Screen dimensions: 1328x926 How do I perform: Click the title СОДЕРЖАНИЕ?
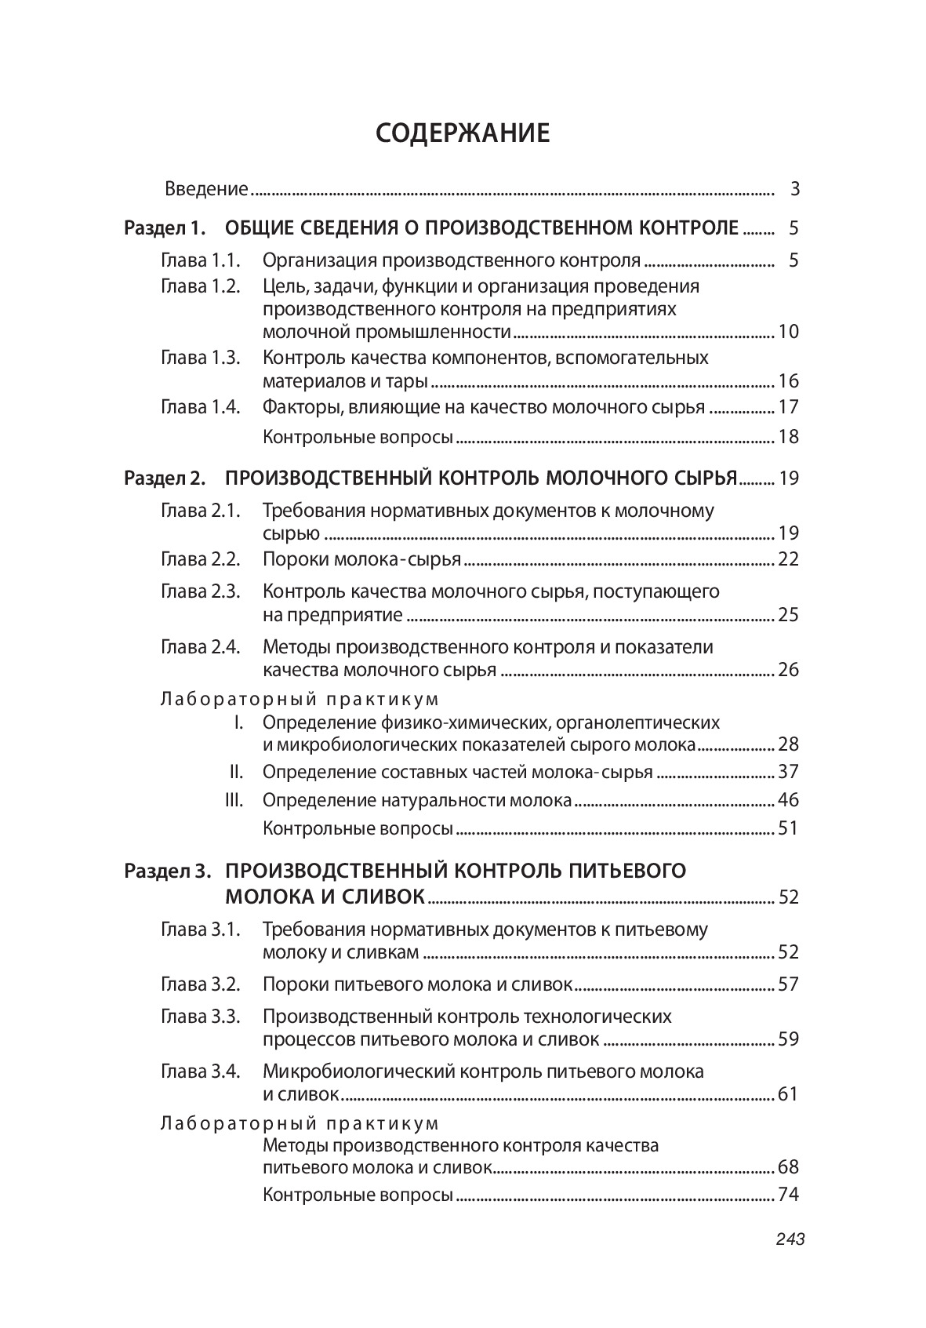[463, 133]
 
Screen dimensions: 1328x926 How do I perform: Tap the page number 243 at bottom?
[790, 1239]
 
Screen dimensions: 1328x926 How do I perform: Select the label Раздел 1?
[165, 228]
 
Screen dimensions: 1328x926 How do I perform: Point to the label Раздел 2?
[165, 478]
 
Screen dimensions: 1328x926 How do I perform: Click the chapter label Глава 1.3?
[200, 358]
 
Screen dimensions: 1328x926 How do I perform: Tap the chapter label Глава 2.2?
[200, 559]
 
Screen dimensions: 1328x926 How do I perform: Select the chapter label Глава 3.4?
[200, 1071]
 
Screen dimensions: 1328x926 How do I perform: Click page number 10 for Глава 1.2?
[788, 331]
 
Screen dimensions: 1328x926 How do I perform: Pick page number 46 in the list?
[788, 800]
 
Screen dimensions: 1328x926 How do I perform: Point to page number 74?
[788, 1195]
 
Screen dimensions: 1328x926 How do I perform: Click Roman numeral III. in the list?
[234, 800]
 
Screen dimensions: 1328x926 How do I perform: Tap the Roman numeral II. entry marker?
[236, 772]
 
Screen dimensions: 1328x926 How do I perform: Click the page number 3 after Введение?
[794, 189]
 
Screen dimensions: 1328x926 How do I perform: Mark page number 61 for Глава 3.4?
[788, 1093]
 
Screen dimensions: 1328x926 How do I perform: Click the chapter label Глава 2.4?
[200, 647]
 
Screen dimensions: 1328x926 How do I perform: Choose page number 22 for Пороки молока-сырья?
[788, 559]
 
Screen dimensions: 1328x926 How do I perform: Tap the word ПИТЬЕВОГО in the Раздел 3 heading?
[626, 871]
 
